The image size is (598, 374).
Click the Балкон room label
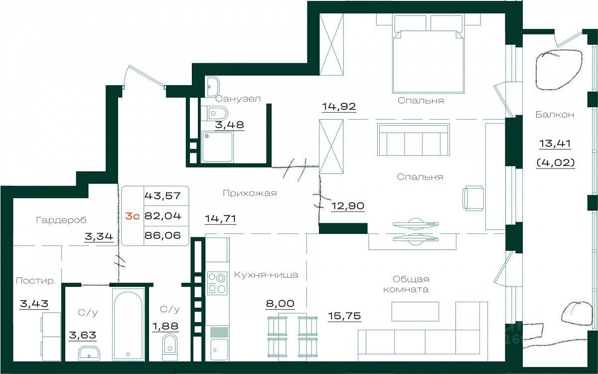point(555,115)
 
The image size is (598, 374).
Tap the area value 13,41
point(555,144)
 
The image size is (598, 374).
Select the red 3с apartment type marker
point(133,216)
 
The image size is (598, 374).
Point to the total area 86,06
point(162,235)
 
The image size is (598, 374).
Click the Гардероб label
point(61,220)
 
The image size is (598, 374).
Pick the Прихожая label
point(250,193)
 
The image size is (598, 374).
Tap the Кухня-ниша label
point(266,275)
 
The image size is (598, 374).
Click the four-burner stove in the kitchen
point(217,283)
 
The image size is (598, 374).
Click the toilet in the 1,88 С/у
point(169,344)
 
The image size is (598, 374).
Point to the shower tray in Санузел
point(217,147)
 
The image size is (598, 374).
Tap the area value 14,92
point(339,106)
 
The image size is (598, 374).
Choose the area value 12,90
point(348,206)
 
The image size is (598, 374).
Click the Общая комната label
point(406,284)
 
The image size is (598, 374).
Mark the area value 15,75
point(344,316)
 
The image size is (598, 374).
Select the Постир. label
point(35,281)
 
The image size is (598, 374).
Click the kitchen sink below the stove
point(219,350)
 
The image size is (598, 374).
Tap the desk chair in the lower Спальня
point(473,198)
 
